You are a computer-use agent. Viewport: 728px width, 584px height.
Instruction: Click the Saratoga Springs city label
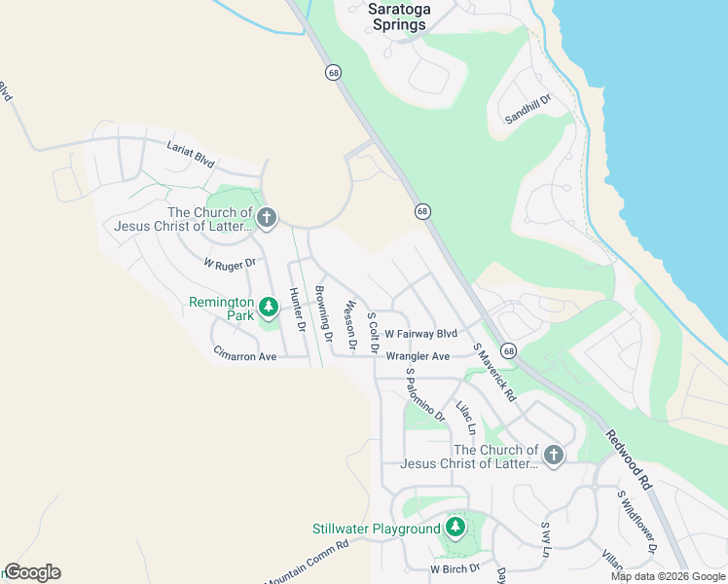399,17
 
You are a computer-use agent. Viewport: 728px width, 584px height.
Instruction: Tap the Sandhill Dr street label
528,108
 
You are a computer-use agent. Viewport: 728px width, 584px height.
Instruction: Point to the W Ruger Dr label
229,263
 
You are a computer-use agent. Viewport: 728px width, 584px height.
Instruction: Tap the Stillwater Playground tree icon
455,529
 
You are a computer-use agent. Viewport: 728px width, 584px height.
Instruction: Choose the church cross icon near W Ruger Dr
268,218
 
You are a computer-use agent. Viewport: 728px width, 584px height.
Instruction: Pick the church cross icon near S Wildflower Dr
553,456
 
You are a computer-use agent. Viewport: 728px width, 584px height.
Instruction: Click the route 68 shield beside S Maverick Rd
508,350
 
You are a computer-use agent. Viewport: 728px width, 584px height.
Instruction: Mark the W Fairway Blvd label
420,334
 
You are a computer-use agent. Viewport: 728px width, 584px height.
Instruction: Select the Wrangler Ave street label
418,356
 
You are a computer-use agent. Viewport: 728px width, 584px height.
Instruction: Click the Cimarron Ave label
245,356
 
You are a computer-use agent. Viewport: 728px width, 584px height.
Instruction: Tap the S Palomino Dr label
424,393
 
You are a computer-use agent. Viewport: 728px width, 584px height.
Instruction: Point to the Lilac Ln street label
465,417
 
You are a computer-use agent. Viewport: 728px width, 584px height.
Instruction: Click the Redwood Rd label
629,459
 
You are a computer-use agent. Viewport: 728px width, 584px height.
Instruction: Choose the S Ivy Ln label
545,538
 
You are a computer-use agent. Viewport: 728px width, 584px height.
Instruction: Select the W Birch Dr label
455,567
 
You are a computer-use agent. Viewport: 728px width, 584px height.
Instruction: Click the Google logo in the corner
32,572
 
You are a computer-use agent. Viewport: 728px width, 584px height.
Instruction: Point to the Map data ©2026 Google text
668,576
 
